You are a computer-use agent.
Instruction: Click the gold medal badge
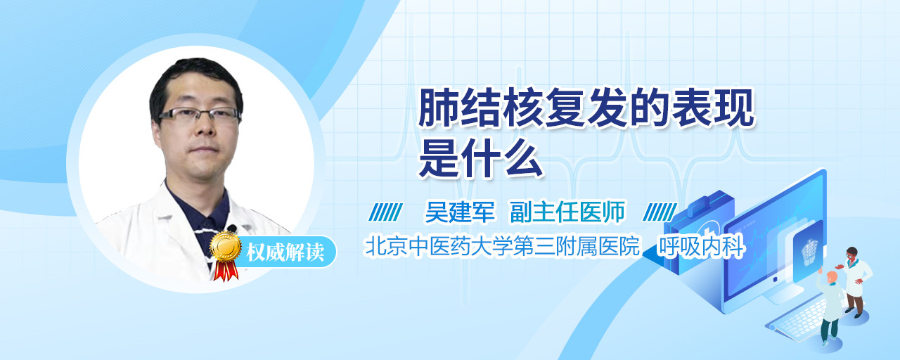226,246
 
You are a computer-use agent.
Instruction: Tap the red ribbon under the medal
226,270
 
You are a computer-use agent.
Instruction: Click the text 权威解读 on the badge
285,252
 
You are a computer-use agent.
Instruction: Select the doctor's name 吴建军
460,212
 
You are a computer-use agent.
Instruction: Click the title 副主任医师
567,212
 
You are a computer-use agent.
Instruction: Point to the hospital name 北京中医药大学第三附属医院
502,246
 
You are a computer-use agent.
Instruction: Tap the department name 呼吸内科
701,246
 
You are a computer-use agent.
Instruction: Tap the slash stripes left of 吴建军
386,212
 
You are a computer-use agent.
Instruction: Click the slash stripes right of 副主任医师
660,212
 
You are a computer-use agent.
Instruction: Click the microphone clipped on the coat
232,229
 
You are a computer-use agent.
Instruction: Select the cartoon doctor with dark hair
856,281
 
